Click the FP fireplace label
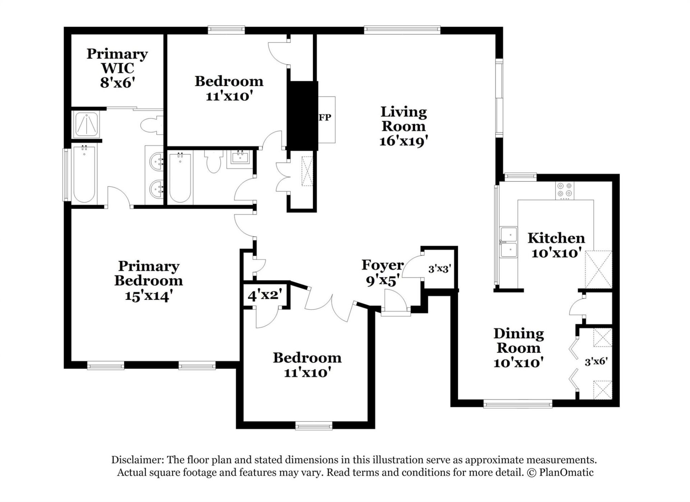[325, 117]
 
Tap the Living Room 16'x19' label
[403, 126]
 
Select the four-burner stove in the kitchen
[565, 190]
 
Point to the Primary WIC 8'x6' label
[117, 68]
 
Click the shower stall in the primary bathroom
[87, 124]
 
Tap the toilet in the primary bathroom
[151, 126]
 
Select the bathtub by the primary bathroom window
[84, 175]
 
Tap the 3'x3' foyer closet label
[439, 268]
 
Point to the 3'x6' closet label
[596, 361]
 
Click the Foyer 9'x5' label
[382, 272]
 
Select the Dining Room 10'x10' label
[518, 348]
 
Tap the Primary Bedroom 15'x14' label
[148, 281]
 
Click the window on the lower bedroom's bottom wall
[314, 426]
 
